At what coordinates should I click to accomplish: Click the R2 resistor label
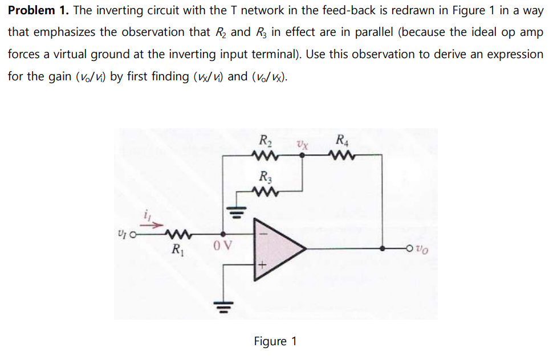click(x=265, y=140)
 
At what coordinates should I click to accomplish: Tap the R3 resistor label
click(x=265, y=176)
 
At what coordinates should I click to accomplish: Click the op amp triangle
click(x=276, y=248)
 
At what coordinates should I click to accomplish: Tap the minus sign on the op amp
click(x=263, y=233)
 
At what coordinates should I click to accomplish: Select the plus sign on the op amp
click(x=263, y=264)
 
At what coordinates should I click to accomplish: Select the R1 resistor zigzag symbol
click(x=177, y=234)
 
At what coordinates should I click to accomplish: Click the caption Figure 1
click(x=275, y=341)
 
